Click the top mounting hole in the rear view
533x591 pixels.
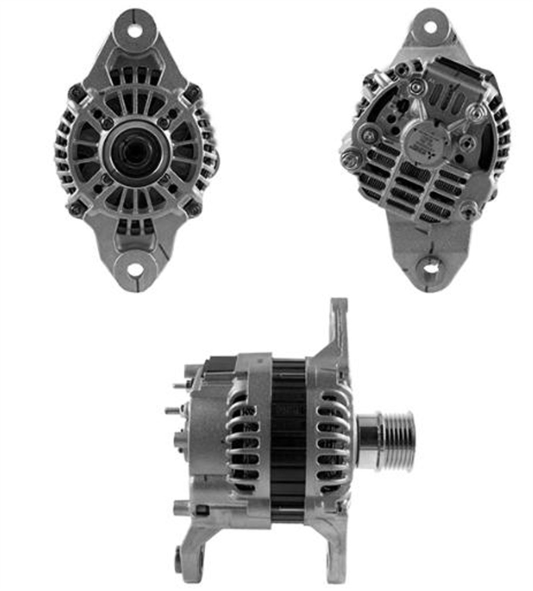click(x=430, y=27)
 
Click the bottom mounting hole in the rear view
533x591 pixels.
click(x=430, y=268)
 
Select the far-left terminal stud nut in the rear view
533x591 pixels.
click(x=349, y=156)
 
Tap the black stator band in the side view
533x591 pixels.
click(x=288, y=439)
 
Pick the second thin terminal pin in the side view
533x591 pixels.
click(x=173, y=410)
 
